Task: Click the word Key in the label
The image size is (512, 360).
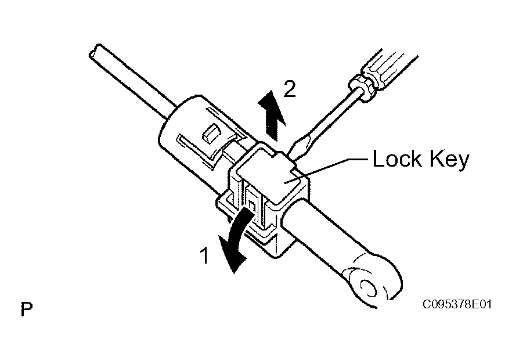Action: pos(449,161)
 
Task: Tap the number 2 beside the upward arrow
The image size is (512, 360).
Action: pos(289,89)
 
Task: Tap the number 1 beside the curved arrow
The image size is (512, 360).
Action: pos(205,255)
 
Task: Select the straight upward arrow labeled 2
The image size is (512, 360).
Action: pos(272,116)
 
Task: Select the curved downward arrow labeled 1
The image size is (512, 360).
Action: pos(236,240)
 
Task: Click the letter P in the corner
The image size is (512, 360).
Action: pos(27,309)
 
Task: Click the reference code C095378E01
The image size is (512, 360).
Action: pos(457,304)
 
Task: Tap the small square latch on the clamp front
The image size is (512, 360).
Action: pos(252,205)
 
